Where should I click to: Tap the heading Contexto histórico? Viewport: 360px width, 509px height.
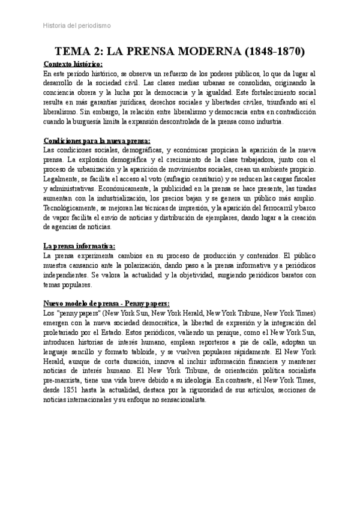coord(73,64)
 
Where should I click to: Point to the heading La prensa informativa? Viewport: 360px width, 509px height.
coord(79,246)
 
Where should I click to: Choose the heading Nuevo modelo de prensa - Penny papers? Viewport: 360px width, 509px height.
coord(107,304)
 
